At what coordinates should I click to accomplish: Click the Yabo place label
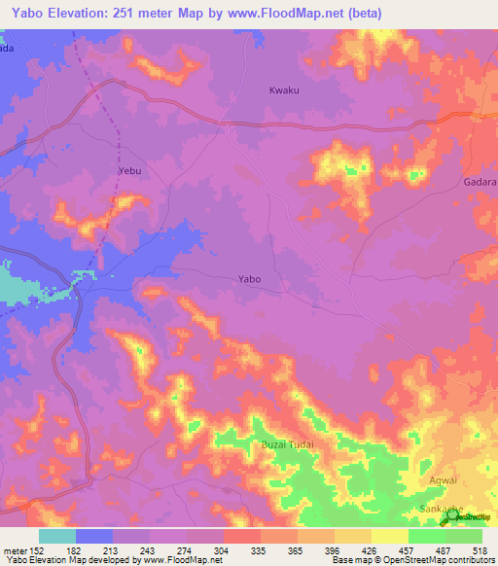(x=249, y=279)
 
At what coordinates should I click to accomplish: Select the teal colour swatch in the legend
(x=57, y=536)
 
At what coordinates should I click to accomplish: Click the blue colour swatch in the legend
(x=94, y=536)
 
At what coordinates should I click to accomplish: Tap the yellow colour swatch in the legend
(x=390, y=536)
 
